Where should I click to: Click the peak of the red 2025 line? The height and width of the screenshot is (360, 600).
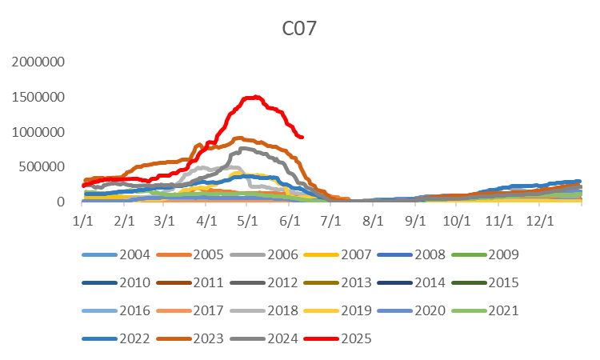pos(253,97)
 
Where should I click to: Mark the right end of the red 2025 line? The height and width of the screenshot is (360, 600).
pos(302,137)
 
